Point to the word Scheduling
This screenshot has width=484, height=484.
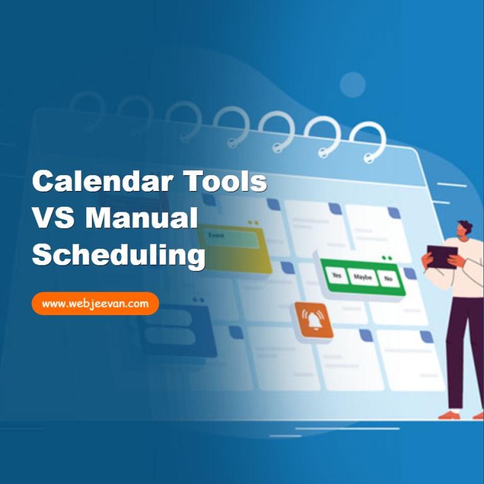coord(118,255)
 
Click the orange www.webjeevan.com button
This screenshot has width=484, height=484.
coord(95,304)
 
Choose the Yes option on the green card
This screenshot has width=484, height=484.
coord(337,276)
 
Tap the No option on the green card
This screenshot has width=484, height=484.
coord(388,277)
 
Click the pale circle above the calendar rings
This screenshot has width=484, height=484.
coord(352,84)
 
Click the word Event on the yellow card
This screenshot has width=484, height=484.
coord(216,236)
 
